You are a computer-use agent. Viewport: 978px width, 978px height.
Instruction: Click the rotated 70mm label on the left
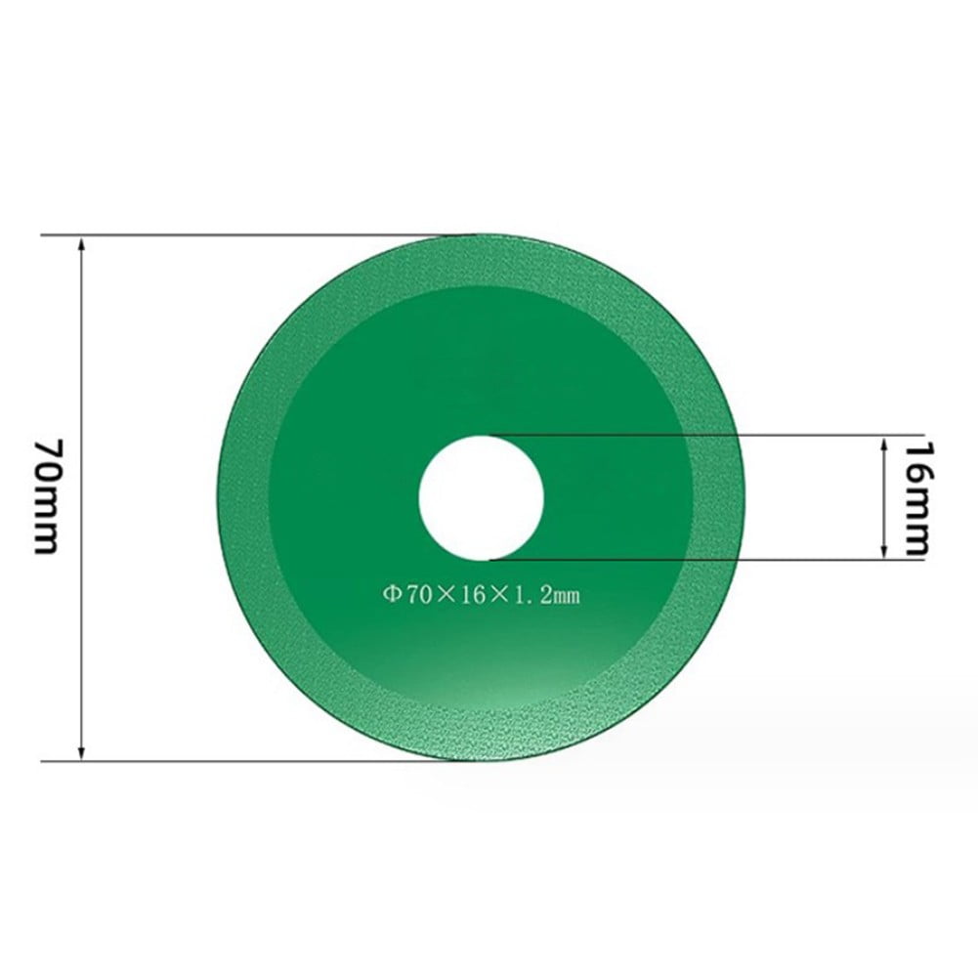point(49,496)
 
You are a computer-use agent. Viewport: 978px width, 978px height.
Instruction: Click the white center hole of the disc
point(481,496)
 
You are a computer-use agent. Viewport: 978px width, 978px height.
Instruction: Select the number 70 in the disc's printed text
point(415,592)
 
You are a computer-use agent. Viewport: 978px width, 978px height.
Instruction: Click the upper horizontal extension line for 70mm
point(244,235)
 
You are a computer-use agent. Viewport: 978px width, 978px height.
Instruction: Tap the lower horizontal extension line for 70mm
point(244,760)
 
